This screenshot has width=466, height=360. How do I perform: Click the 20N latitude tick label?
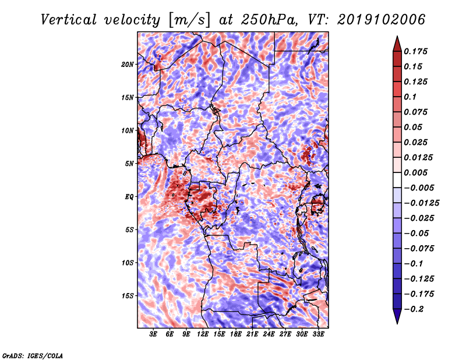(x=128, y=65)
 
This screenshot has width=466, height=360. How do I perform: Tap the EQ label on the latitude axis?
(x=129, y=197)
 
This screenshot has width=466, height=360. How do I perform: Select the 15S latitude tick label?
(x=128, y=296)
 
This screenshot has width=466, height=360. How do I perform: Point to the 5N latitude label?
(x=129, y=164)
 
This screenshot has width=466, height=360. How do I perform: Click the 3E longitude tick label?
(x=153, y=334)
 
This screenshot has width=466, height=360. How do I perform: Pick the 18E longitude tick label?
(x=236, y=334)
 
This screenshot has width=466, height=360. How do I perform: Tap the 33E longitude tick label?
(x=318, y=334)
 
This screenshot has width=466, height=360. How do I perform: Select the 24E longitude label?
(x=269, y=334)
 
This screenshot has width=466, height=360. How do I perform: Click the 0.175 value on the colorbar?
(x=415, y=51)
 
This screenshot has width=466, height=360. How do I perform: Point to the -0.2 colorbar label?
(x=414, y=309)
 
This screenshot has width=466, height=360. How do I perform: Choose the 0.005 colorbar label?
(x=415, y=172)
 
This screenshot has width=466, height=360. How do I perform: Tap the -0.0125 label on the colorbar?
(x=421, y=203)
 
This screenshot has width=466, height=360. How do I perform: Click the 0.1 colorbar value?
(x=410, y=97)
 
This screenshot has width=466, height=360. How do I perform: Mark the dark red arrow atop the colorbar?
(x=397, y=44)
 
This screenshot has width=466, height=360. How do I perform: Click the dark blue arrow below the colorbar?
(x=397, y=316)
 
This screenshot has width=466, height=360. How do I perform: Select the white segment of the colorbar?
(x=397, y=180)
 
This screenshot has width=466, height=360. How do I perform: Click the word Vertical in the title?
(x=69, y=20)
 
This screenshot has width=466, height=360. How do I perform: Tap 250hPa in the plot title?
(x=269, y=20)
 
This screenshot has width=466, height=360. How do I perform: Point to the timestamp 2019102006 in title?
(x=382, y=20)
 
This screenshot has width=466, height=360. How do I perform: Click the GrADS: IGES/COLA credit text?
(x=33, y=356)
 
